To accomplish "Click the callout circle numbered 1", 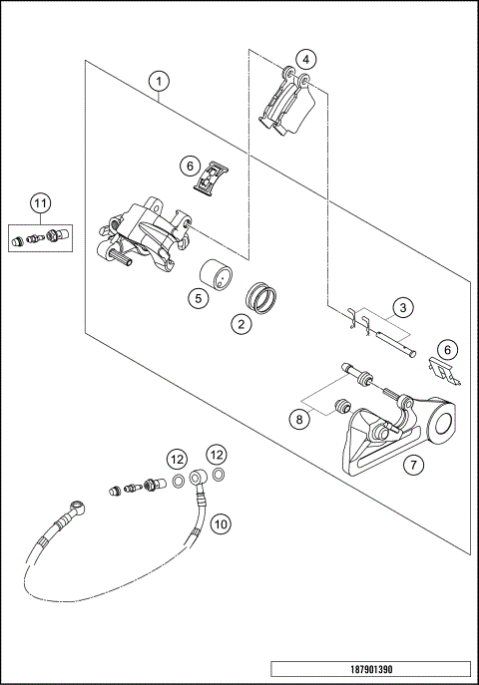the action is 159,81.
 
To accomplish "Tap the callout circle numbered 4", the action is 305,60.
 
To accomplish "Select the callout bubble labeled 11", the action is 40,202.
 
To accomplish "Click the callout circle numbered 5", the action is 199,298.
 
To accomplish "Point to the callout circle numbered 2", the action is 241,324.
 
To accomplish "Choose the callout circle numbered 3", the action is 402,307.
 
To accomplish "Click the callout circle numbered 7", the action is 413,465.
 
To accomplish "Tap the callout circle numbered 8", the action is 299,420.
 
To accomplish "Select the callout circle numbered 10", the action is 221,523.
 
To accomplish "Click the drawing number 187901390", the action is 371,669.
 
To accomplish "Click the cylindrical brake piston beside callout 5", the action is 216,274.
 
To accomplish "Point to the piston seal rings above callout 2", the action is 260,298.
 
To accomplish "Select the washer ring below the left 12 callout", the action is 179,482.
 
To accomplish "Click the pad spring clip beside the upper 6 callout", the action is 212,176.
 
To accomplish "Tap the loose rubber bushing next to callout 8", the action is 342,406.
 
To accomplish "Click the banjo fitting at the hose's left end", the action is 78,509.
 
